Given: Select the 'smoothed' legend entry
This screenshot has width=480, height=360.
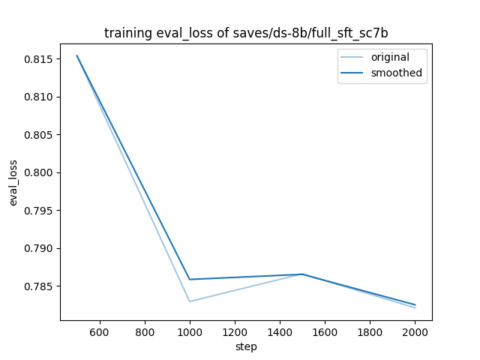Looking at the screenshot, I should pos(392,73).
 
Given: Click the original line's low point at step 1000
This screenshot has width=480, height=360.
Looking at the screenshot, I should pos(190,301).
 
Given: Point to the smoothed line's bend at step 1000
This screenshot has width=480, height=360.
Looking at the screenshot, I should pos(190,280).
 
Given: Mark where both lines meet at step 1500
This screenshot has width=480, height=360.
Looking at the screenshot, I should pos(302,274).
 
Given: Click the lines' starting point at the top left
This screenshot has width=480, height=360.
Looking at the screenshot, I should pos(76,55).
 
